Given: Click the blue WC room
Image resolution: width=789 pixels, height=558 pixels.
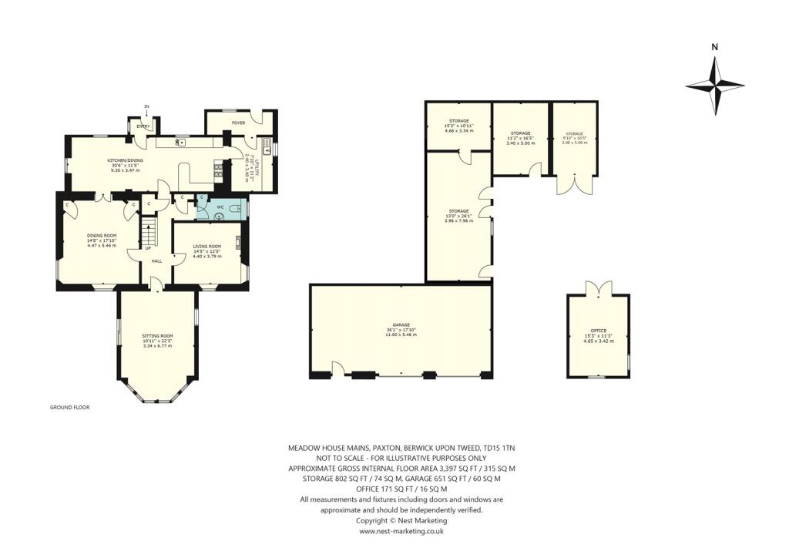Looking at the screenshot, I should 220,208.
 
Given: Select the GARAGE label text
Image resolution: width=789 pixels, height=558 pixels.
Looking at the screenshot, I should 400,325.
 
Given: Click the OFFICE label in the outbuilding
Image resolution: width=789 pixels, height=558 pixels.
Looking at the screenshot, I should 598,331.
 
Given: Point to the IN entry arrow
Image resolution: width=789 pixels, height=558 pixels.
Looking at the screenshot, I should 146,109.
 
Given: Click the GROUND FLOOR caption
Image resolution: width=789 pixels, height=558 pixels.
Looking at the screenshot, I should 70,407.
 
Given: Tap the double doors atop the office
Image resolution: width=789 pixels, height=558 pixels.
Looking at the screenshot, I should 598,290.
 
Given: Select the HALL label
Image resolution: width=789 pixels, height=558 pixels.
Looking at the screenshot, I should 156,261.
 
